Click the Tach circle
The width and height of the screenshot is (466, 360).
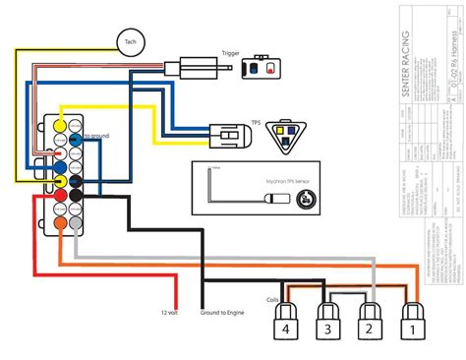point(132,40)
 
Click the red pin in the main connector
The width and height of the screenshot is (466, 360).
point(60,197)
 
